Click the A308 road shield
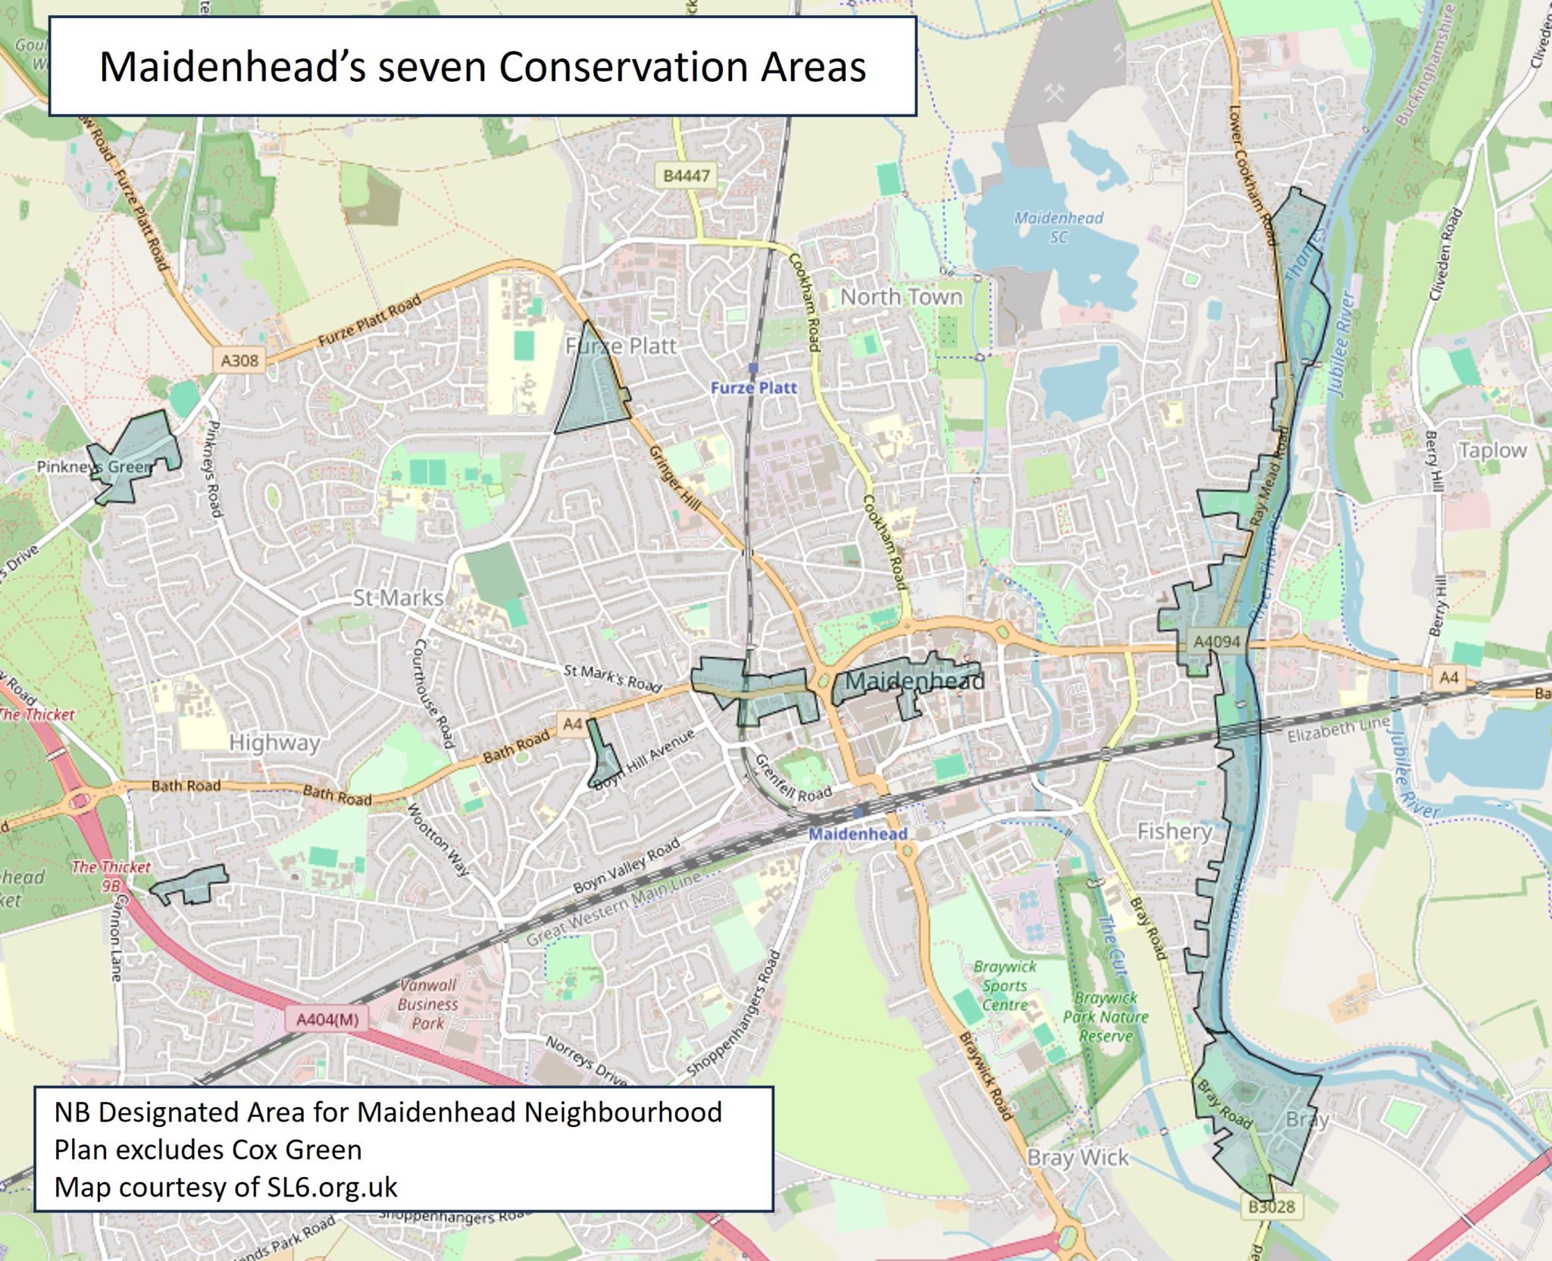pyautogui.click(x=239, y=361)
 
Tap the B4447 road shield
pyautogui.click(x=687, y=176)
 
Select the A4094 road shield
pyautogui.click(x=1216, y=642)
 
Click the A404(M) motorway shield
pyautogui.click(x=327, y=1019)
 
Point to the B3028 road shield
pyautogui.click(x=1271, y=1206)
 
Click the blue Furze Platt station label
pyautogui.click(x=753, y=388)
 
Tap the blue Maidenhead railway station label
pyautogui.click(x=857, y=834)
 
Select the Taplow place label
pyautogui.click(x=1492, y=450)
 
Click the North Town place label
pyautogui.click(x=901, y=297)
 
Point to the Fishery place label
pyautogui.click(x=1174, y=831)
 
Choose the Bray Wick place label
pyautogui.click(x=1078, y=1157)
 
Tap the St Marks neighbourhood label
pyautogui.click(x=398, y=598)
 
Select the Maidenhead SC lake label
pyautogui.click(x=1059, y=227)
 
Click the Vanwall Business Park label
pyautogui.click(x=428, y=1003)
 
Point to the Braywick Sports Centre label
pyautogui.click(x=1005, y=985)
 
